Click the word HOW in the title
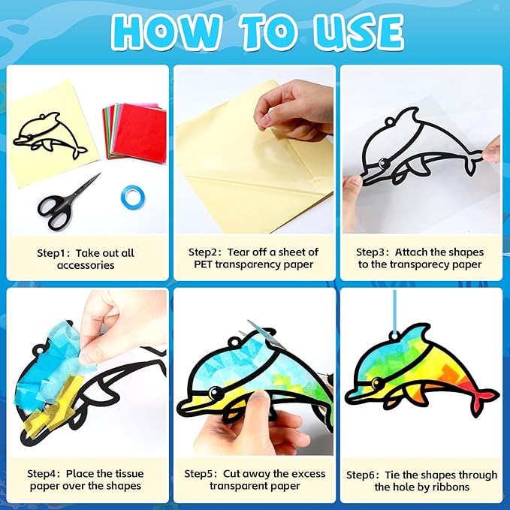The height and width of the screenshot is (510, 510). point(165,32)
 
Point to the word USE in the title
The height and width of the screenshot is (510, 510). point(360,32)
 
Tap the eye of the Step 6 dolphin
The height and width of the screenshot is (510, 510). point(377,382)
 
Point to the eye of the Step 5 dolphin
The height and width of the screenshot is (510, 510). point(216,393)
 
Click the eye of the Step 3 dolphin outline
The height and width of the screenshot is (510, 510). point(382,161)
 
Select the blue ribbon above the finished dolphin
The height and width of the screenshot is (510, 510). point(394,312)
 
